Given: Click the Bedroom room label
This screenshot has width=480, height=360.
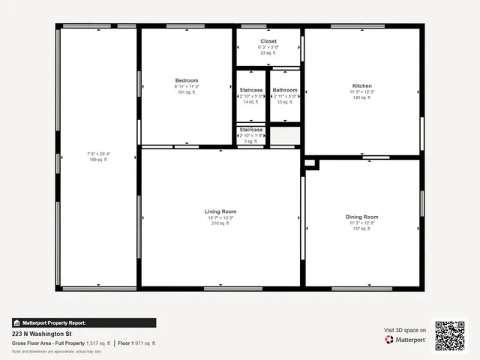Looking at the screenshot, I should [187, 80].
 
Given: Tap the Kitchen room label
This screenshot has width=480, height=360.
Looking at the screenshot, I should [362, 85].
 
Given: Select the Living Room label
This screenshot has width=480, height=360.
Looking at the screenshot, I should [220, 211].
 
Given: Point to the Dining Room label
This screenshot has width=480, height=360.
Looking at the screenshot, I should [361, 217].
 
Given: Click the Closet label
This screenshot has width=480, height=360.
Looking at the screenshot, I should [268, 40].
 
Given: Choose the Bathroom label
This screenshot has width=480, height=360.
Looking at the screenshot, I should [285, 90].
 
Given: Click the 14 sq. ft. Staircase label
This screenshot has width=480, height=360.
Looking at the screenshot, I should [251, 90].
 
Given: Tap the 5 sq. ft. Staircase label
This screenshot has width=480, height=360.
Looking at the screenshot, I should [251, 130].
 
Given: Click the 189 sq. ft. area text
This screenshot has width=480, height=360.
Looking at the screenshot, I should [98, 160].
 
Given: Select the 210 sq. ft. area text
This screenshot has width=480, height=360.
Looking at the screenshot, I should [220, 223].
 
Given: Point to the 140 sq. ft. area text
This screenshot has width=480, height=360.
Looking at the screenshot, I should [362, 97].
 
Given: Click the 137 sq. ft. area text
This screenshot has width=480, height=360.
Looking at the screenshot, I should [361, 229].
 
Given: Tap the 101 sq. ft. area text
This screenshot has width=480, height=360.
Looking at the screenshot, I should [187, 92].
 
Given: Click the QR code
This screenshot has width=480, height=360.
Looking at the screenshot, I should [450, 335].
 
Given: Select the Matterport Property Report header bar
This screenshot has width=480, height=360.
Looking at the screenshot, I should [84, 322].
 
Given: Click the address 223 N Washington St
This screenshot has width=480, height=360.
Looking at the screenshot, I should [41, 334].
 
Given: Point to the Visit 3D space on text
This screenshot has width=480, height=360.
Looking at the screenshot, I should [405, 330].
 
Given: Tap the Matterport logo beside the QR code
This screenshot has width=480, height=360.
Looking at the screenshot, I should [406, 340].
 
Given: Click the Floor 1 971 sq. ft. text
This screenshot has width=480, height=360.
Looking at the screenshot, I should [137, 343].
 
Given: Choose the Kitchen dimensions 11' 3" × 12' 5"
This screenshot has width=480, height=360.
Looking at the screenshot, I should [362, 91].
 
